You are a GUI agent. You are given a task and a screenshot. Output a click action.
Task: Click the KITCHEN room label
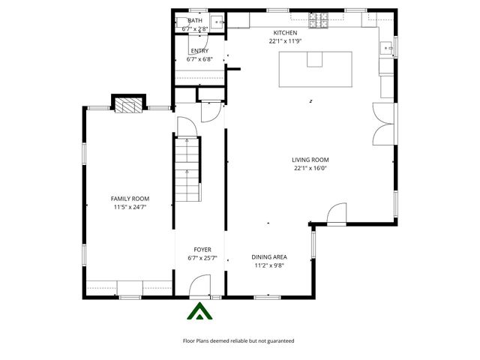click(x=285, y=33)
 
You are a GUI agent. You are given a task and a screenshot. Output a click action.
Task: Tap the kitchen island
click(x=316, y=68)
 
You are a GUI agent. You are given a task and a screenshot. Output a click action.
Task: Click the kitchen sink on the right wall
click(x=388, y=49)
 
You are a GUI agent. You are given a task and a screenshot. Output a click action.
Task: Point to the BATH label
click(x=195, y=20)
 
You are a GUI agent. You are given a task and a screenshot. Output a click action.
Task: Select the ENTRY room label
click(x=199, y=50)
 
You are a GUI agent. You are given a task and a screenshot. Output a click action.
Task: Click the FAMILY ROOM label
click(x=130, y=198)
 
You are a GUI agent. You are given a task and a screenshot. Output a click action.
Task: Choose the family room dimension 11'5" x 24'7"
click(x=130, y=207)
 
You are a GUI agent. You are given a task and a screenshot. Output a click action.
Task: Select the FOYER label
click(x=202, y=249)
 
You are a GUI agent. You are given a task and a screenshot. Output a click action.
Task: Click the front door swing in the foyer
click(x=200, y=286)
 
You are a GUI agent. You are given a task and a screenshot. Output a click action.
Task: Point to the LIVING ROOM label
click(x=310, y=160)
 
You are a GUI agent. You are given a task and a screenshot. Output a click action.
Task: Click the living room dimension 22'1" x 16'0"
click(x=310, y=169)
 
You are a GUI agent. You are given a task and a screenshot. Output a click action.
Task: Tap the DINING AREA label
click(x=270, y=257)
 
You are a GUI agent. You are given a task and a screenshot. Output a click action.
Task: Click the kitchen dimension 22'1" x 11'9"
click(x=285, y=41)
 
